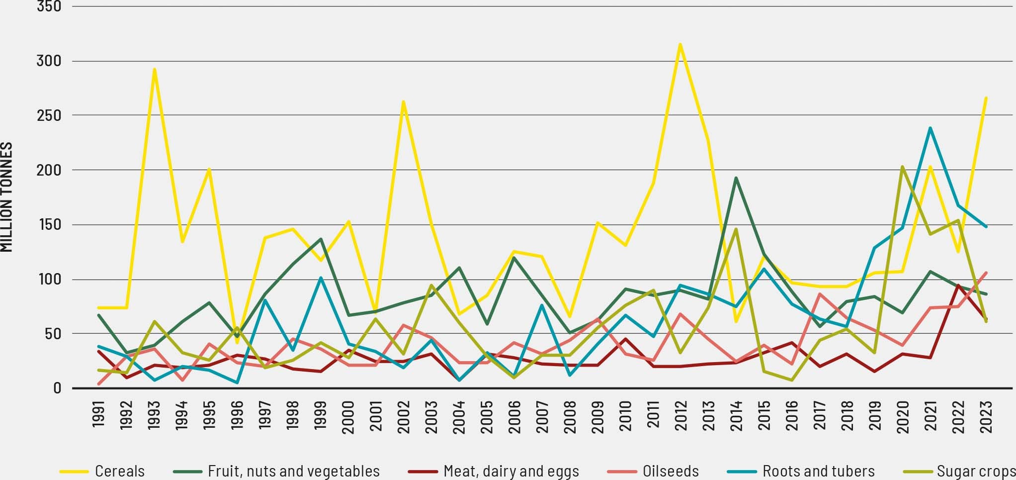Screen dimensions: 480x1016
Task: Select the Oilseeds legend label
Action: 670,471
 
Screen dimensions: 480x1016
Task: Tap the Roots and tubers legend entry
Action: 818,471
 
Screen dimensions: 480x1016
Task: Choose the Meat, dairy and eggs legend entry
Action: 511,471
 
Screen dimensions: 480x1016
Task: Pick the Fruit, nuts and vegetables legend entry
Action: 293,471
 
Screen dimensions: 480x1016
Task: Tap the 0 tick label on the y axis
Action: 56,388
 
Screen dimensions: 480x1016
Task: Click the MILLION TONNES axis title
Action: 7,197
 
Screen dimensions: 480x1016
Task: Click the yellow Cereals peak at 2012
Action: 680,44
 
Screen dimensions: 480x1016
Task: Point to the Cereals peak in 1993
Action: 155,69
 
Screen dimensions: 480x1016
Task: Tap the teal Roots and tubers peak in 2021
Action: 930,128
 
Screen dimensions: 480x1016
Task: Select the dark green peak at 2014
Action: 736,178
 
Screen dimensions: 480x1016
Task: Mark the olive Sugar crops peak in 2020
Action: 902,167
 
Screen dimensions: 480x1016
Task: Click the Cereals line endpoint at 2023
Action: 986,98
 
